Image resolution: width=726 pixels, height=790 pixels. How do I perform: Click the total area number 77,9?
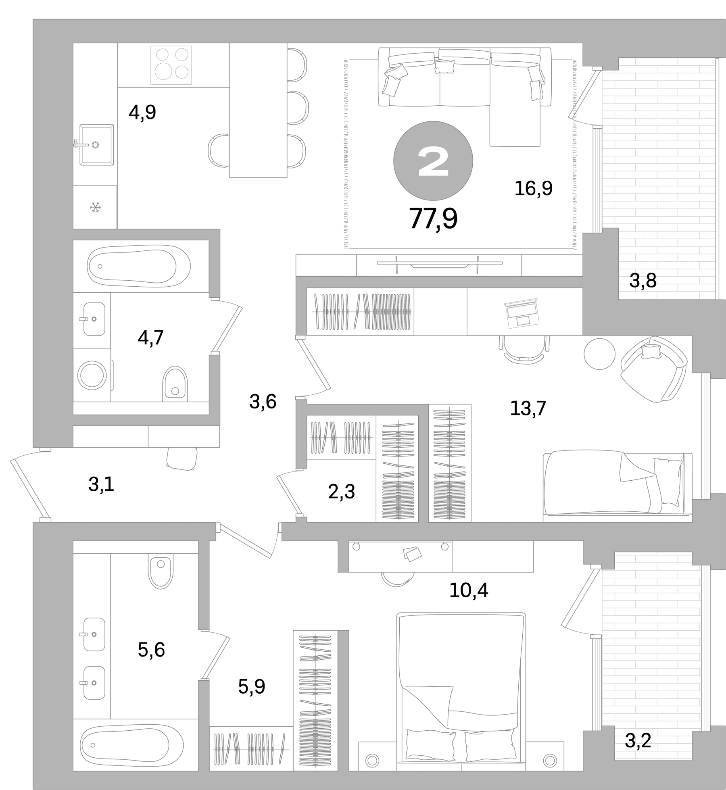click(x=433, y=219)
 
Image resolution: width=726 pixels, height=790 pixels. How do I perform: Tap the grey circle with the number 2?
click(x=433, y=161)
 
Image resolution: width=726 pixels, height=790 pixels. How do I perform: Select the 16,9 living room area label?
click(x=533, y=188)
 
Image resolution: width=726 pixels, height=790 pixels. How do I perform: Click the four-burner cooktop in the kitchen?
click(x=171, y=65)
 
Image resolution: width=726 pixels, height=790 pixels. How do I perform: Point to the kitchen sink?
click(x=96, y=145)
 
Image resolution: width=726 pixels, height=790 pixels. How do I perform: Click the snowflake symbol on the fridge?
click(x=95, y=208)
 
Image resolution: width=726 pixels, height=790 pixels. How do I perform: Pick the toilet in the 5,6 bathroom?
click(x=161, y=571)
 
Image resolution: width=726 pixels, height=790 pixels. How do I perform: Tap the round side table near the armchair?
click(x=599, y=354)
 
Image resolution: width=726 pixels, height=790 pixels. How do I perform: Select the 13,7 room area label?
click(x=528, y=409)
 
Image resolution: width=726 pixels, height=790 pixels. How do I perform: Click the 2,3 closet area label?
click(x=341, y=492)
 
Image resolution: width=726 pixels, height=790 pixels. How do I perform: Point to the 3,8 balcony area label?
click(x=643, y=281)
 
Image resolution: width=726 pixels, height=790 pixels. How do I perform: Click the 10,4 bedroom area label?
click(x=469, y=590)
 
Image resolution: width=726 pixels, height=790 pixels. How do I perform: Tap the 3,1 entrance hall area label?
click(x=101, y=484)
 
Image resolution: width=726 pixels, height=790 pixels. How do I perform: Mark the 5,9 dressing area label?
click(x=252, y=687)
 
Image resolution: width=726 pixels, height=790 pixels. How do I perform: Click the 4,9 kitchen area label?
click(x=142, y=112)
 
